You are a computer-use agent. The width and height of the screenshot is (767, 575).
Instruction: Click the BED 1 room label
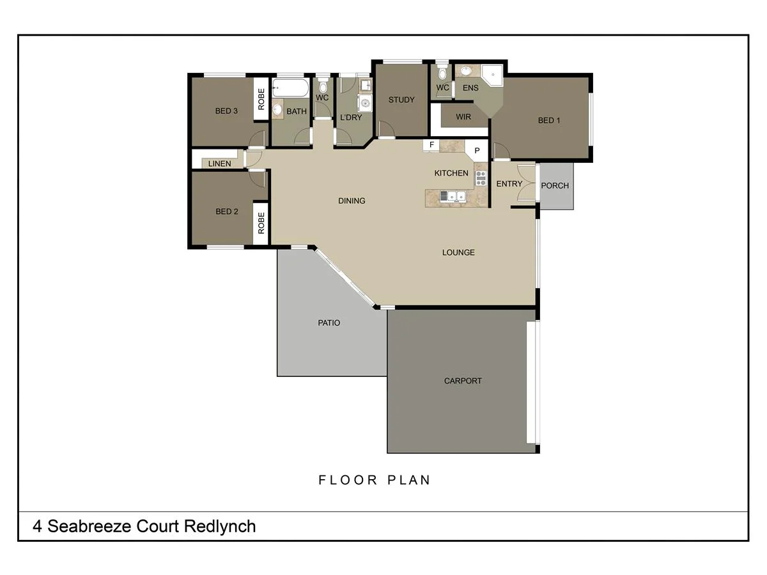pos(548,120)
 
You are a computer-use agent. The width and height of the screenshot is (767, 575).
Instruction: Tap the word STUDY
pos(401,100)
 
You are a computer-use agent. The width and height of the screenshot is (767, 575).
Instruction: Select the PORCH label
pos(555,186)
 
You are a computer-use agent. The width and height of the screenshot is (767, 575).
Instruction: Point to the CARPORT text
pos(463,381)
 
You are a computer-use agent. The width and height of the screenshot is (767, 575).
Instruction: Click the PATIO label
pos(329,323)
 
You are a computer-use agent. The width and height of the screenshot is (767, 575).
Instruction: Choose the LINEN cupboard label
pos(219,164)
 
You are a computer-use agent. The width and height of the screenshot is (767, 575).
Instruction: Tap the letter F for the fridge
pos(431,145)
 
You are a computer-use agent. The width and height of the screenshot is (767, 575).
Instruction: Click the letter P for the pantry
pos(476,151)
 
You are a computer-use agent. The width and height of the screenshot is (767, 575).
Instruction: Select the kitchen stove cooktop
pos(481,177)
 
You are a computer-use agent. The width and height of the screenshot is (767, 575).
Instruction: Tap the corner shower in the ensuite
pos(493,77)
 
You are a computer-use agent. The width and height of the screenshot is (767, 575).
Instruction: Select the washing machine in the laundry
pos(364,103)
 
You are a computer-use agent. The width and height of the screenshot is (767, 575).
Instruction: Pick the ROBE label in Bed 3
pos(261,99)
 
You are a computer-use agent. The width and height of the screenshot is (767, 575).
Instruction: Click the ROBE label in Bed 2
pos(261,223)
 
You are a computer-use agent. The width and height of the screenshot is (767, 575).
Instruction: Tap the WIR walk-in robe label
pos(463,118)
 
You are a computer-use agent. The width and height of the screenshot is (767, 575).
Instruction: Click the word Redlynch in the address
pos(220,526)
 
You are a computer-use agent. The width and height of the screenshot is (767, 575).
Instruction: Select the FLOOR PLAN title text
pos(374,480)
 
